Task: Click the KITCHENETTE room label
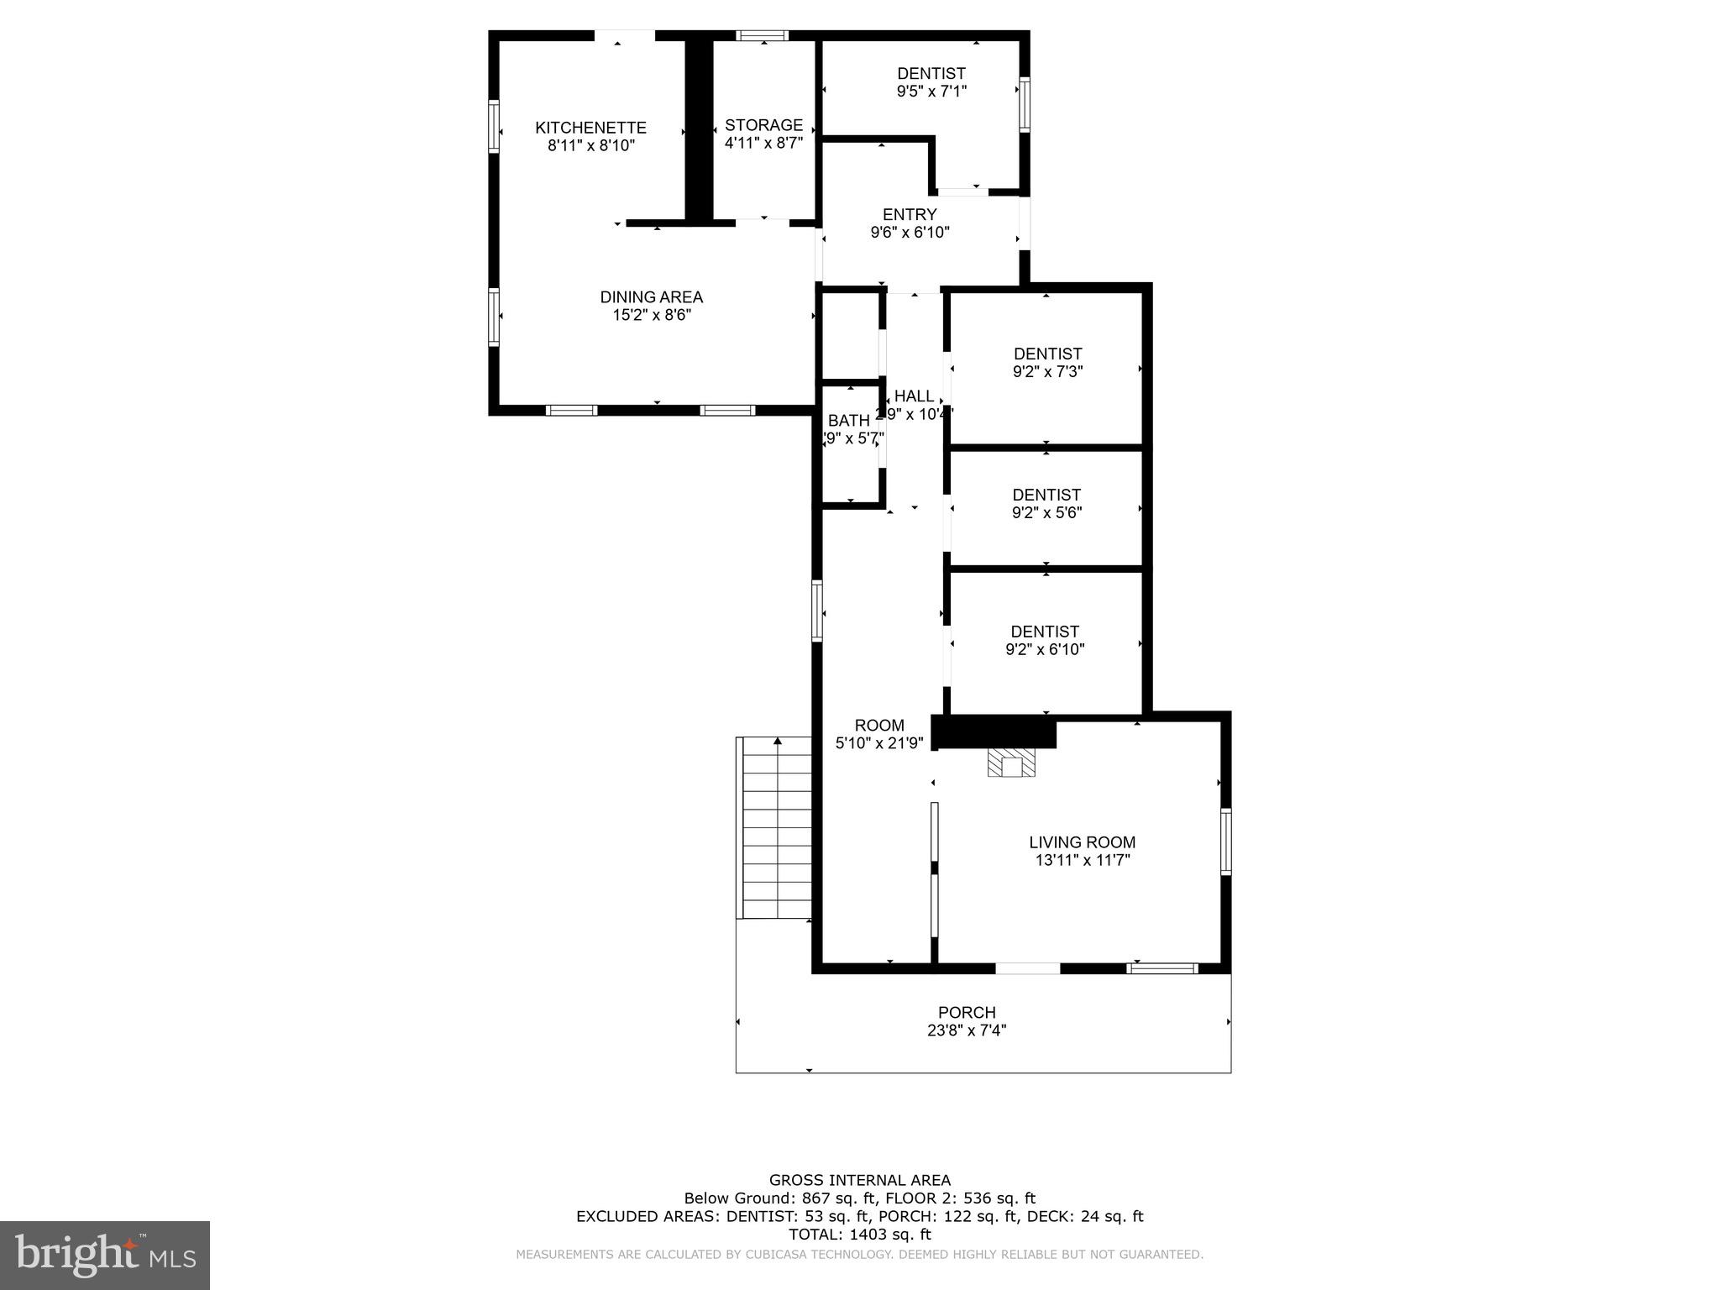[590, 128]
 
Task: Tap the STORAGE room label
[763, 125]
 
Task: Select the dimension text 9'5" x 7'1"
[931, 92]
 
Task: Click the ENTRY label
[910, 215]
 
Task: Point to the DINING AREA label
[651, 297]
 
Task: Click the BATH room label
[848, 421]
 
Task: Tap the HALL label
[914, 396]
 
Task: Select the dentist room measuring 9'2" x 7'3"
[1046, 363]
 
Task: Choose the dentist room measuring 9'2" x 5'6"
[1046, 504]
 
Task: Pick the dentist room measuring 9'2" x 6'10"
[1045, 640]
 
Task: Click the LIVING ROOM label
[1082, 842]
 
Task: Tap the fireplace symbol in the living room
[1011, 764]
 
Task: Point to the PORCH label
[967, 1013]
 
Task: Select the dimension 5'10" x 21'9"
[879, 743]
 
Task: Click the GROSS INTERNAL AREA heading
[859, 1180]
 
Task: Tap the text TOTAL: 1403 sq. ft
[859, 1235]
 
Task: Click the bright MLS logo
[105, 1256]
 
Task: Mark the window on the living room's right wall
[1225, 841]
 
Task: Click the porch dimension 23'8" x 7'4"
[967, 1030]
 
